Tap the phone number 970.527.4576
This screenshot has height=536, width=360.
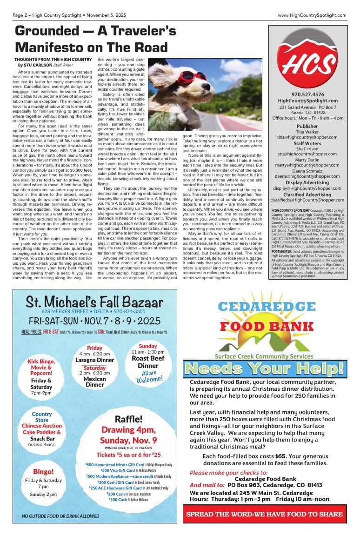click(307, 94)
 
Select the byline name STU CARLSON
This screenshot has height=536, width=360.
click(38, 66)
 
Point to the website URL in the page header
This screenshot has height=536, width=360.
click(312, 15)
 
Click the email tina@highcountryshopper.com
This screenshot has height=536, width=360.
click(307, 137)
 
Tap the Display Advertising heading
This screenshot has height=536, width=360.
click(307, 182)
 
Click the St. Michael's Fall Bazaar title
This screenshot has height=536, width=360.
click(94, 302)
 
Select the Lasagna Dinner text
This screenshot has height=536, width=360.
click(95, 360)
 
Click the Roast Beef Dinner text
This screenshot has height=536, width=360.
click(148, 362)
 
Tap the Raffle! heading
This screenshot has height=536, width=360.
click(128, 418)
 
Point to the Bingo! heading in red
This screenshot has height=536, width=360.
click(43, 471)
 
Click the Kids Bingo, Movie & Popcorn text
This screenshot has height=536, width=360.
click(41, 367)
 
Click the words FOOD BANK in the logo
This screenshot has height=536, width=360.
click(266, 326)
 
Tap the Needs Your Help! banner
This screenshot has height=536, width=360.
click(265, 368)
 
